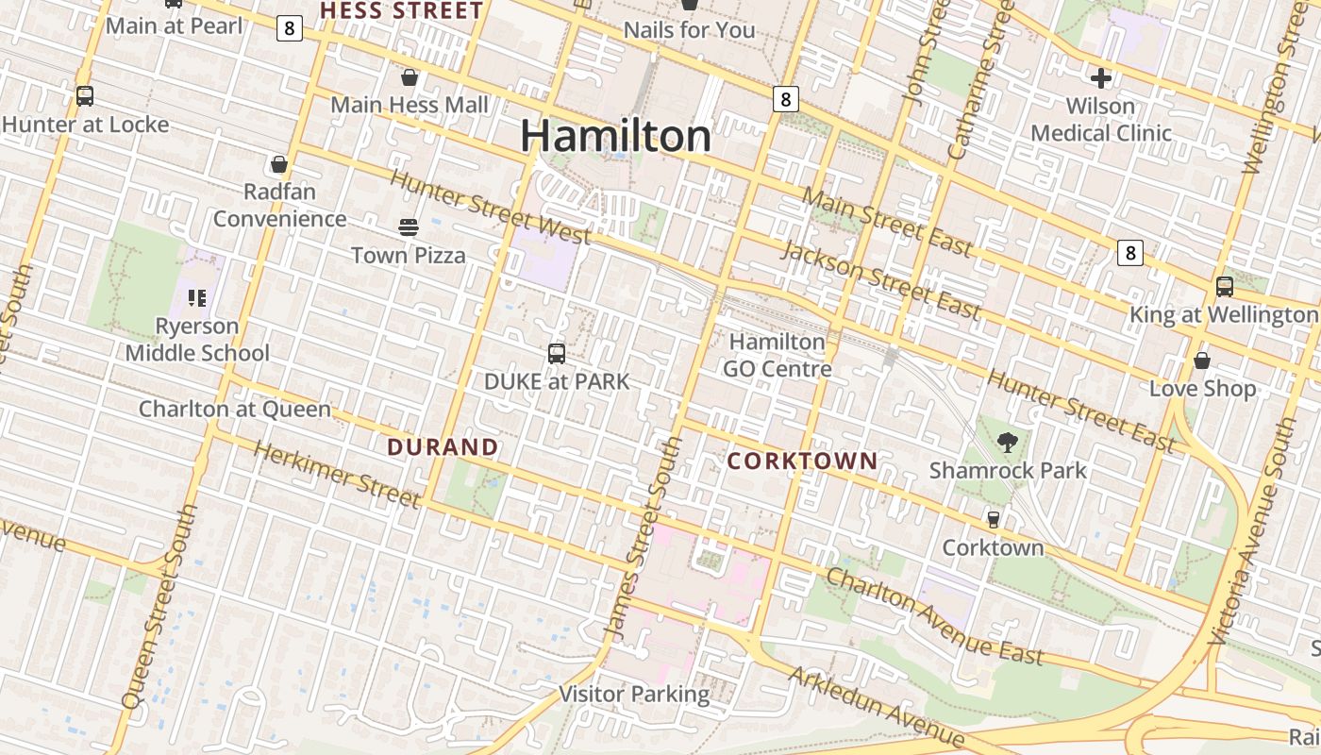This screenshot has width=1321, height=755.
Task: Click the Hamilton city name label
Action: pyautogui.click(x=615, y=136)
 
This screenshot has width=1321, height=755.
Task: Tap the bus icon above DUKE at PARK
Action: pyautogui.click(x=557, y=354)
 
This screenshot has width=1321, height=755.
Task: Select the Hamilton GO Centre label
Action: pyautogui.click(x=777, y=354)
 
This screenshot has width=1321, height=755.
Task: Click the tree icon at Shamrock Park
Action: pyautogui.click(x=1008, y=442)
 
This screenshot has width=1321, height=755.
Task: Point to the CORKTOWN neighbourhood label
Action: pyautogui.click(x=803, y=461)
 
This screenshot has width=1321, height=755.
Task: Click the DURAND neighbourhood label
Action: pyautogui.click(x=443, y=446)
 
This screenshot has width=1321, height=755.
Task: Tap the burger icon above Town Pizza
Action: pyautogui.click(x=409, y=226)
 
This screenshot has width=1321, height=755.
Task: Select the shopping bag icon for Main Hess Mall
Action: pyautogui.click(x=410, y=77)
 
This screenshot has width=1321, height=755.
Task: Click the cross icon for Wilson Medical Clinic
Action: pyautogui.click(x=1100, y=78)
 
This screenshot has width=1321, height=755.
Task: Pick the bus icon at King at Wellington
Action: pyautogui.click(x=1224, y=286)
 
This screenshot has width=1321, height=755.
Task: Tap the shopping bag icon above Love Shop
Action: pyautogui.click(x=1202, y=361)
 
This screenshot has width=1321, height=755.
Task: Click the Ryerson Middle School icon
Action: pyautogui.click(x=197, y=298)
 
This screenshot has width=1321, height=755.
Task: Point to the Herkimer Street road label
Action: pyautogui.click(x=337, y=474)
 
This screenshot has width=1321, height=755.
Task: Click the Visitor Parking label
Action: pyautogui.click(x=634, y=694)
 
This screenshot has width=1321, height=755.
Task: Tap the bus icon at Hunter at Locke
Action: pyautogui.click(x=85, y=96)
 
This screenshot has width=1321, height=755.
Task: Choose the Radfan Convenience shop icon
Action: pyautogui.click(x=279, y=165)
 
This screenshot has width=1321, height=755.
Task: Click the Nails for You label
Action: pyautogui.click(x=689, y=30)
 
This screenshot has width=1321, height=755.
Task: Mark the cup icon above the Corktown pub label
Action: pyautogui.click(x=993, y=519)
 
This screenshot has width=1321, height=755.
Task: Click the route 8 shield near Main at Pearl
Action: pyautogui.click(x=290, y=28)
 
